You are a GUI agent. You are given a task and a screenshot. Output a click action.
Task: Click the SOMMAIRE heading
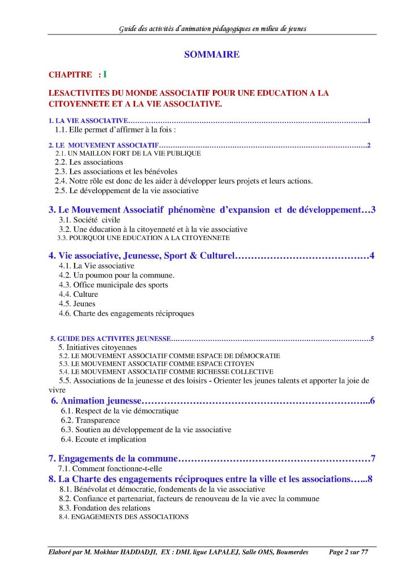212,55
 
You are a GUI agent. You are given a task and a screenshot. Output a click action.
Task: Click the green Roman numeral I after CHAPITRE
105,74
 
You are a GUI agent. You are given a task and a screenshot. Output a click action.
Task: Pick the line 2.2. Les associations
89,162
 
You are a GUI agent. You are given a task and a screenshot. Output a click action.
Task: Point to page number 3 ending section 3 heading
373,210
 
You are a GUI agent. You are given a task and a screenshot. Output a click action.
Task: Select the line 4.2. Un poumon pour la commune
117,275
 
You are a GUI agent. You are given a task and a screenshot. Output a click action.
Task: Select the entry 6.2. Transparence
91,420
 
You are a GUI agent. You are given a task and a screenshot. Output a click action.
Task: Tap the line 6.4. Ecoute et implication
104,439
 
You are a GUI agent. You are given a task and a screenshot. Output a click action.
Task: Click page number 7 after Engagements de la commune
373,458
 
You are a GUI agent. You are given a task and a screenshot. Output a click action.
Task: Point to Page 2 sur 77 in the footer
349,552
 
